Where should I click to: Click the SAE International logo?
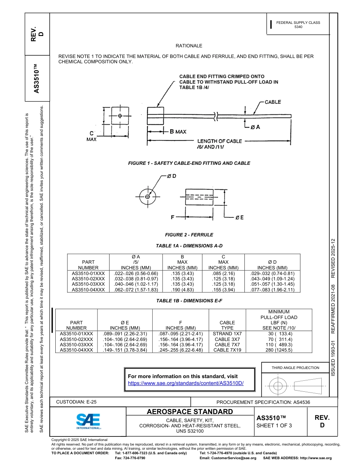pos(88,421)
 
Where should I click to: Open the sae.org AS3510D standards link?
pos(186,383)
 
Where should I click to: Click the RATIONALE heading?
pos(189,46)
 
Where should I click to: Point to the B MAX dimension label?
pos(178,131)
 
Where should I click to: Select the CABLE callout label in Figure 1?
pos(272,102)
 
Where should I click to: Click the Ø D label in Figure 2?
pos(171,176)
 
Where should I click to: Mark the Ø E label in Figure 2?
pos(239,217)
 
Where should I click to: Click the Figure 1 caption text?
pos(189,163)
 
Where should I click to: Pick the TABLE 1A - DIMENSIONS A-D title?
pos(189,246)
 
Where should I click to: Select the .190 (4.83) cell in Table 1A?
pos(182,289)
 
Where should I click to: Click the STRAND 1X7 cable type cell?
pos(227,334)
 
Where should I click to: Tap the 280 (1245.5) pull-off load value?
pos(279,350)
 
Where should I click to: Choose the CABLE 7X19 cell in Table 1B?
pos(227,350)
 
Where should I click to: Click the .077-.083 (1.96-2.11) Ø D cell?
pos(272,289)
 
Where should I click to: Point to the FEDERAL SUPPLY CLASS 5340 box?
pos(298,25)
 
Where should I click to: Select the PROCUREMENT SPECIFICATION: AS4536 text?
pos(263,402)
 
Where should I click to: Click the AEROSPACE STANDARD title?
pos(190,412)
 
